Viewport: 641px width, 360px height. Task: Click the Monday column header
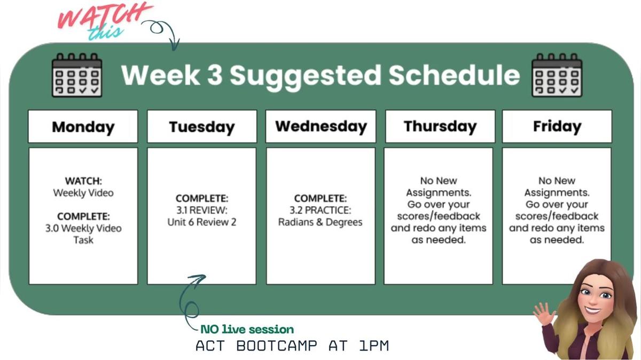pyautogui.click(x=83, y=127)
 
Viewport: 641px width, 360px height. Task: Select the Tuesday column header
pyautogui.click(x=202, y=127)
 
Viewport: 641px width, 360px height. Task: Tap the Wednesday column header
pyautogui.click(x=320, y=127)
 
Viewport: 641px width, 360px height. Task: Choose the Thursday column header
pyautogui.click(x=440, y=127)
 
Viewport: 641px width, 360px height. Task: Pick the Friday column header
pyautogui.click(x=557, y=127)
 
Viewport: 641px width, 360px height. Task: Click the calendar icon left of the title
pyautogui.click(x=76, y=75)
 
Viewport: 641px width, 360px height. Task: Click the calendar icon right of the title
pyautogui.click(x=557, y=75)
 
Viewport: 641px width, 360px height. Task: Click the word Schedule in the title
pyautogui.click(x=454, y=75)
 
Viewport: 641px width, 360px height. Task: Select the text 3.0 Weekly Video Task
pyautogui.click(x=83, y=234)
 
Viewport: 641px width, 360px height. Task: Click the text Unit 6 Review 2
pyautogui.click(x=201, y=222)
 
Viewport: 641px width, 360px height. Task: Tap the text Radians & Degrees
pyautogui.click(x=320, y=222)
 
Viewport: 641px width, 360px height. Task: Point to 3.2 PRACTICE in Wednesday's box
pyautogui.click(x=320, y=210)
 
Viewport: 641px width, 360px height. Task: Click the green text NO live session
pyautogui.click(x=247, y=330)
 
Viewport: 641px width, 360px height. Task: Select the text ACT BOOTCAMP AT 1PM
pyautogui.click(x=292, y=346)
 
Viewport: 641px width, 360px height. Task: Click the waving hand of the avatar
pyautogui.click(x=544, y=315)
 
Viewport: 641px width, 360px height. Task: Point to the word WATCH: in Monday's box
pyautogui.click(x=83, y=181)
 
